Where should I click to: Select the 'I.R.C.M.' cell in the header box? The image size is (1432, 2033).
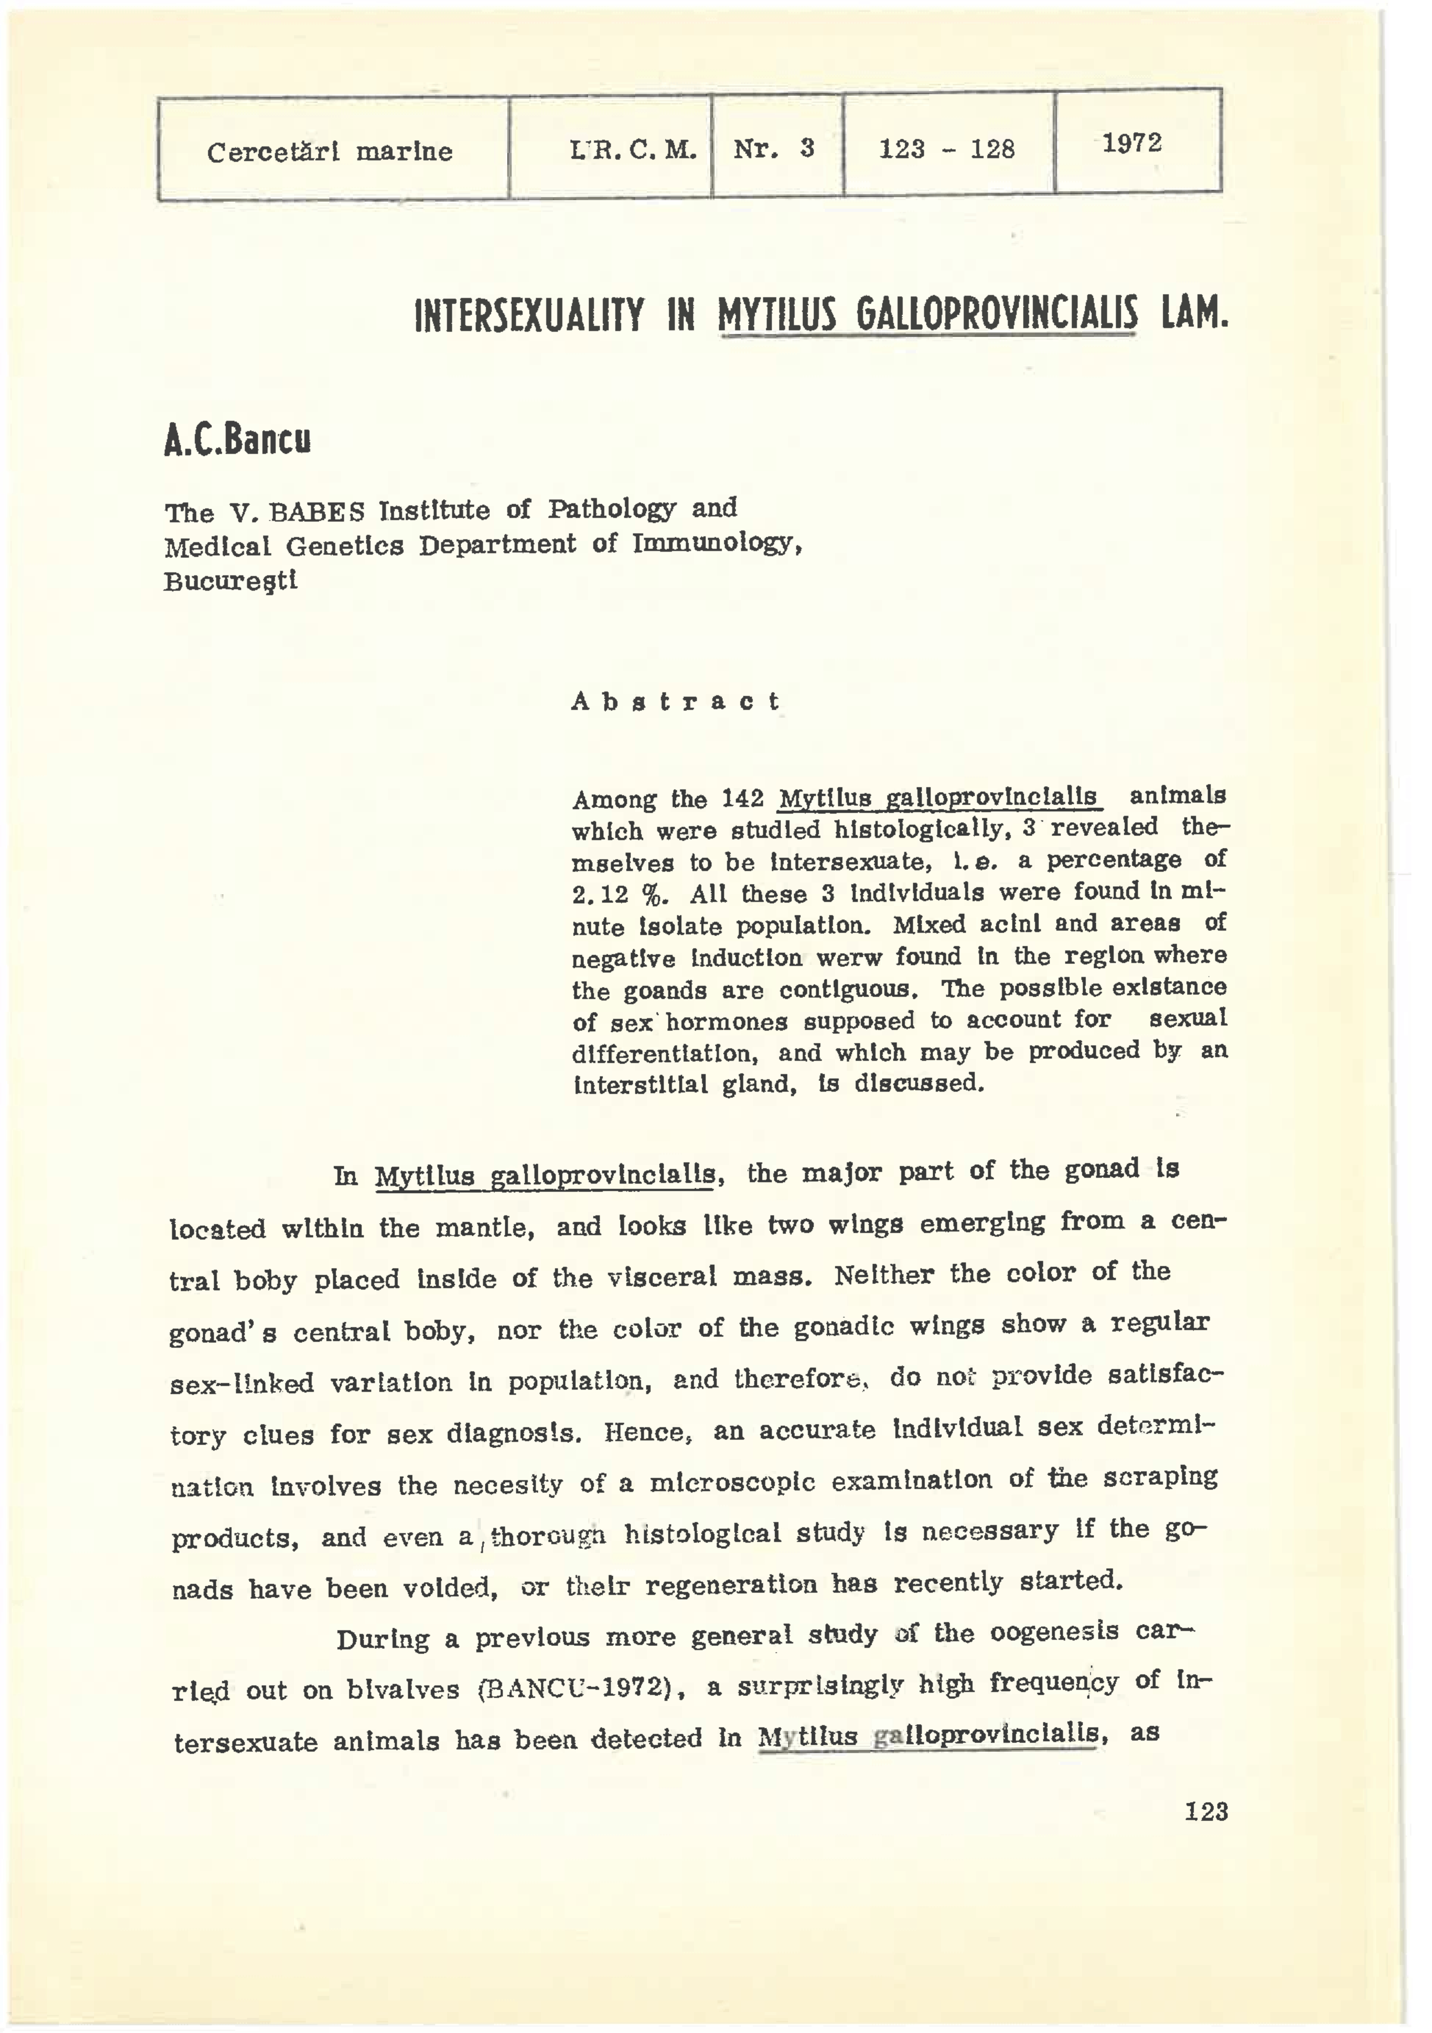coord(633,150)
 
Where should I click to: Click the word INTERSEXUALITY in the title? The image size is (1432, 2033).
coord(529,316)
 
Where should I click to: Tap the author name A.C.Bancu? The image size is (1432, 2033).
coord(238,440)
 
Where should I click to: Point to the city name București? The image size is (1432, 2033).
coord(231,582)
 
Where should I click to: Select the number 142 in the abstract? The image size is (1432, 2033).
coord(742,799)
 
